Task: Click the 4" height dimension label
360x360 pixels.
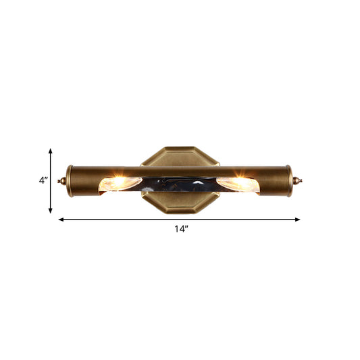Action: click(43, 180)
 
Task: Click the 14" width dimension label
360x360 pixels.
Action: click(180, 230)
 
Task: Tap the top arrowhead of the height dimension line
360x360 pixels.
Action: click(51, 151)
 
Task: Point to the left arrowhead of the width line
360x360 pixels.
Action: click(61, 220)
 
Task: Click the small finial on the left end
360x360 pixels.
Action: click(63, 181)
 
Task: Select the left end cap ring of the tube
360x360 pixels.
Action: click(70, 181)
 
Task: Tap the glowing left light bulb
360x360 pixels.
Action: click(120, 182)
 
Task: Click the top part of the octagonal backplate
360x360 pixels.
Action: click(180, 155)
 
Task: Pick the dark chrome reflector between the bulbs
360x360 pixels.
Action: click(180, 184)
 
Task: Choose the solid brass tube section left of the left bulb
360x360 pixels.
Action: click(86, 181)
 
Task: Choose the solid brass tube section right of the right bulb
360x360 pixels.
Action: click(274, 181)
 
